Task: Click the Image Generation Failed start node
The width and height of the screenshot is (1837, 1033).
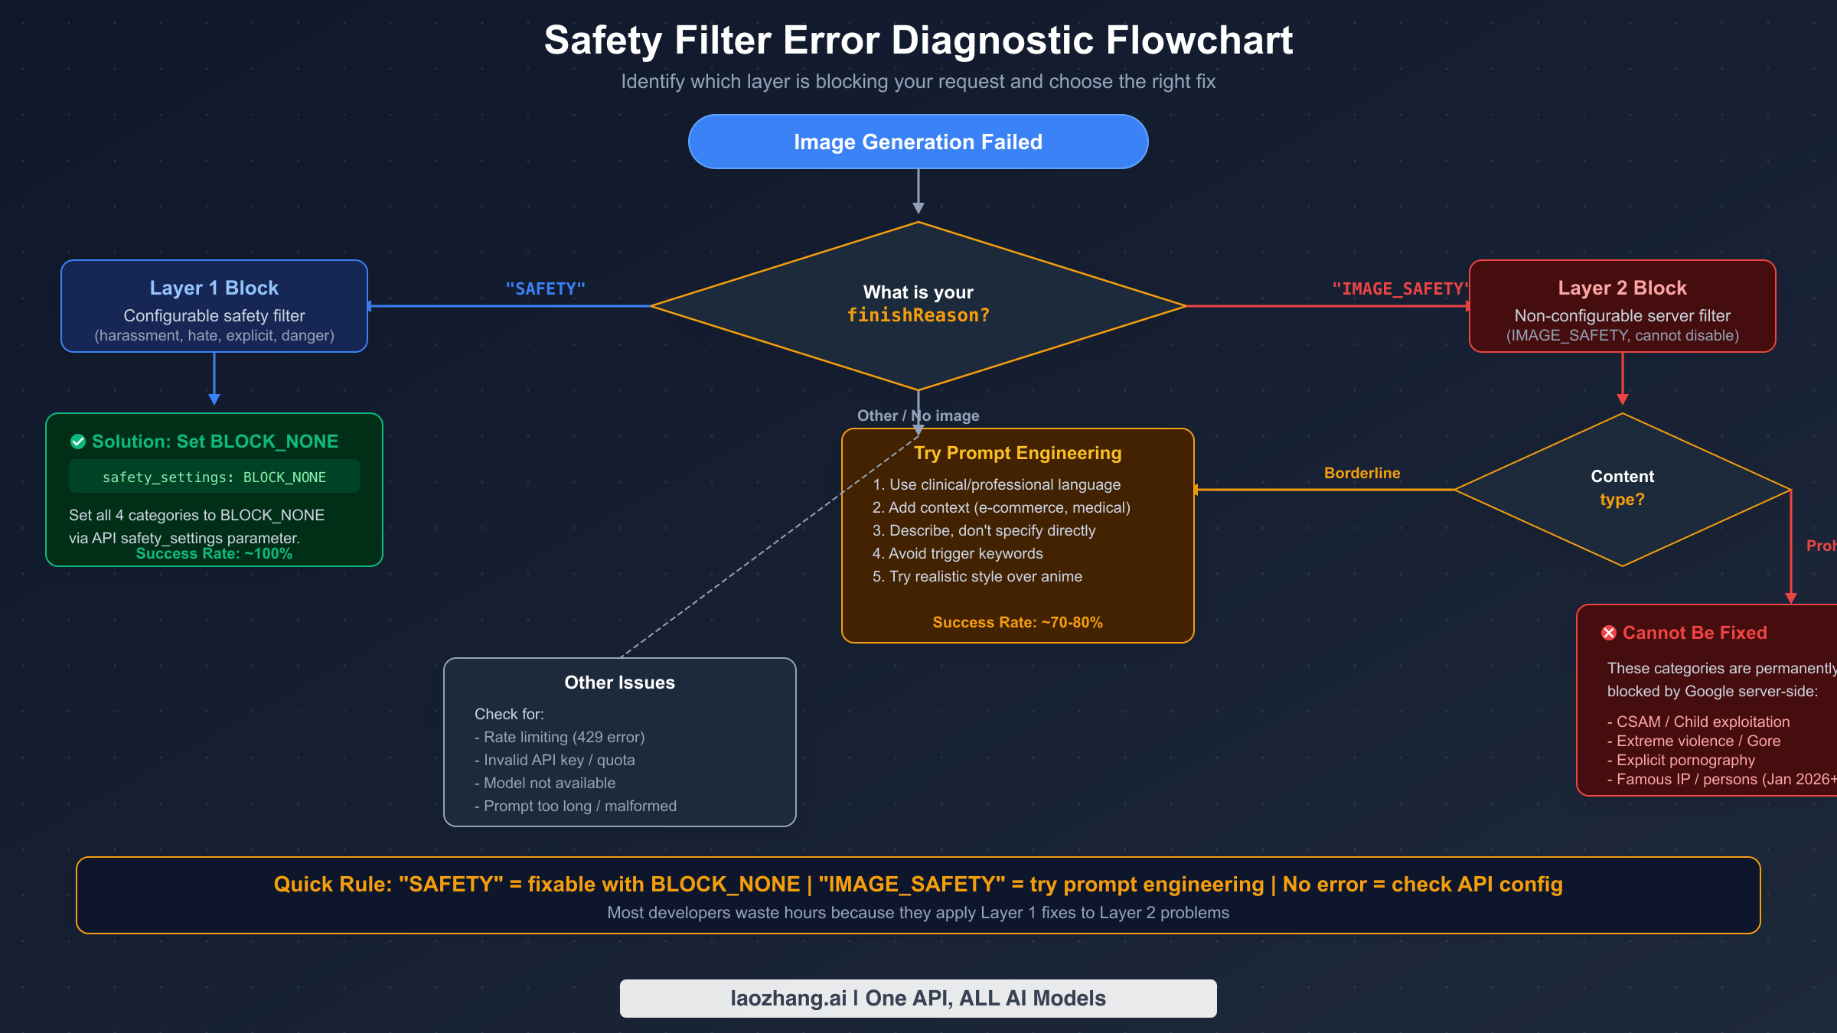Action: (918, 142)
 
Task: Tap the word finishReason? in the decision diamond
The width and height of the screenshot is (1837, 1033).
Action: (918, 315)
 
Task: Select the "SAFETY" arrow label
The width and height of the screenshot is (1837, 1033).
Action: (545, 289)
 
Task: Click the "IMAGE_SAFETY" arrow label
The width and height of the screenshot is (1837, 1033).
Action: (1399, 289)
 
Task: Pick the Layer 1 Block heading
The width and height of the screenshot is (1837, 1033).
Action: (214, 288)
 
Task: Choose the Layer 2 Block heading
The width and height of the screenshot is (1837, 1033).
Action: (1622, 288)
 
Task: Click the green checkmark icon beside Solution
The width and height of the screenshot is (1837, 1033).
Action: (78, 442)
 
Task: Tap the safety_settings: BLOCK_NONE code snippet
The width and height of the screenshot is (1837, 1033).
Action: (214, 477)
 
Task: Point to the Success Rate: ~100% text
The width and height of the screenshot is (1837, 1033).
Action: (214, 554)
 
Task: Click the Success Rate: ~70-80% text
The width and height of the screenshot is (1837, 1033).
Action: (1017, 623)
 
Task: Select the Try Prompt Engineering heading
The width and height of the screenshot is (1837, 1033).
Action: (1017, 453)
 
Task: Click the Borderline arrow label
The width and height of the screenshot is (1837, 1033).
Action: (1362, 474)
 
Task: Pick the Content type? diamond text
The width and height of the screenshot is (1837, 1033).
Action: (1622, 488)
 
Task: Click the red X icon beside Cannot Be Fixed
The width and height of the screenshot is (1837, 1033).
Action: (1609, 633)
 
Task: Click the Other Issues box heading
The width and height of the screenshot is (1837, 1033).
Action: (619, 683)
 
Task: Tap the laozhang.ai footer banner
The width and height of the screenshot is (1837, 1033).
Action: (918, 998)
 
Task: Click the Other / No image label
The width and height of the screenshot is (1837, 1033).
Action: (918, 415)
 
